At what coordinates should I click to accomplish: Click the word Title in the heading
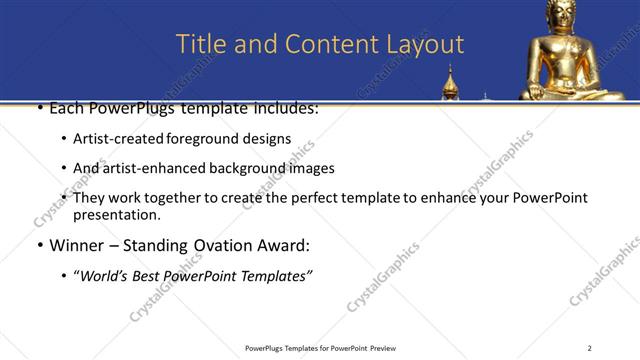(198, 44)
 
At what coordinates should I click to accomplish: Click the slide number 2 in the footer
(589, 348)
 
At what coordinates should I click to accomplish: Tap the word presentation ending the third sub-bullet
(116, 214)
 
